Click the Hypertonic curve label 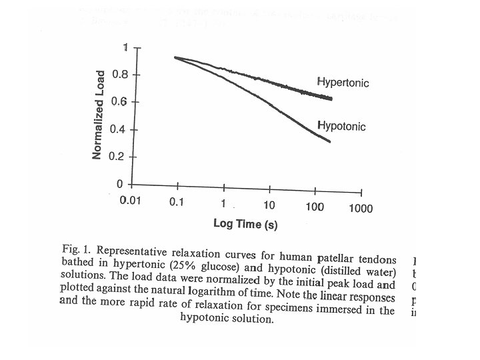(343, 83)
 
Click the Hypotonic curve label (341, 126)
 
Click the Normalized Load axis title (97, 114)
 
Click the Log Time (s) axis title (245, 224)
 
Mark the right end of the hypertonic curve (331, 99)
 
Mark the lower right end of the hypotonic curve (330, 141)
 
